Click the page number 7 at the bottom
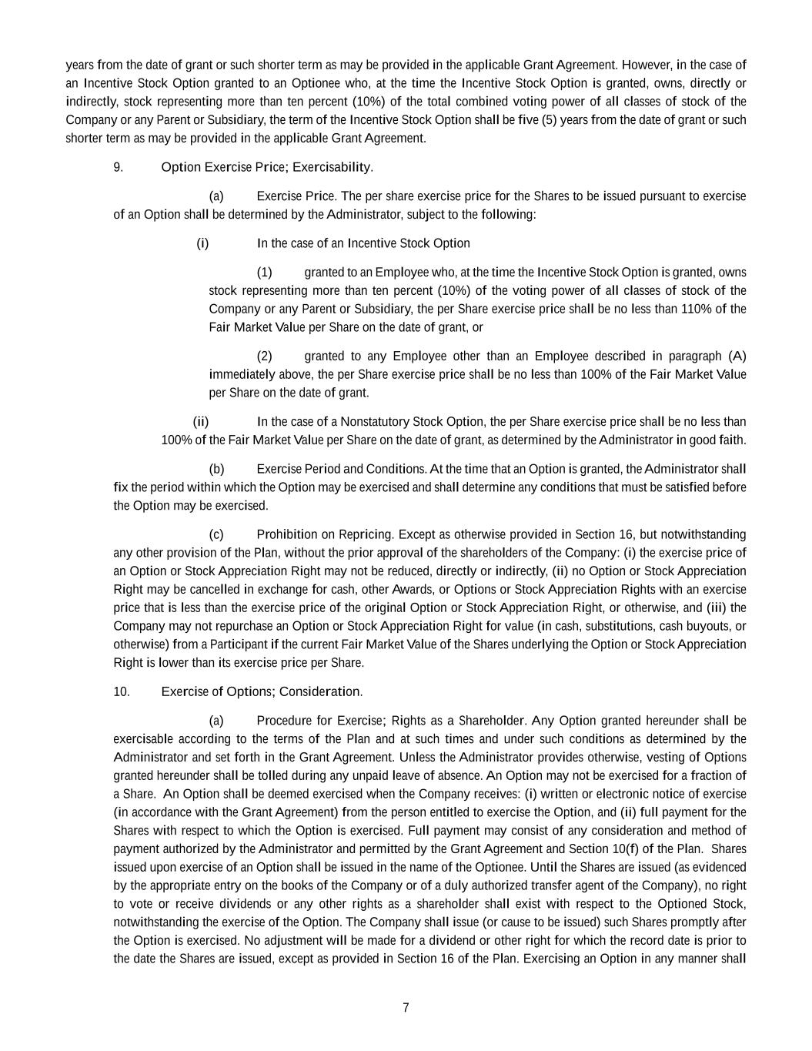point(406,1008)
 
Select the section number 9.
point(118,167)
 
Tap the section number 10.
point(121,691)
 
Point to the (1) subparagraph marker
point(264,273)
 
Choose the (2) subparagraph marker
point(264,356)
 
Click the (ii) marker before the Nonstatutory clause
point(200,422)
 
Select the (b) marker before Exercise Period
point(216,469)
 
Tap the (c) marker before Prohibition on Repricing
point(216,534)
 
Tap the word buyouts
point(710,626)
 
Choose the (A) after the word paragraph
point(737,356)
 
